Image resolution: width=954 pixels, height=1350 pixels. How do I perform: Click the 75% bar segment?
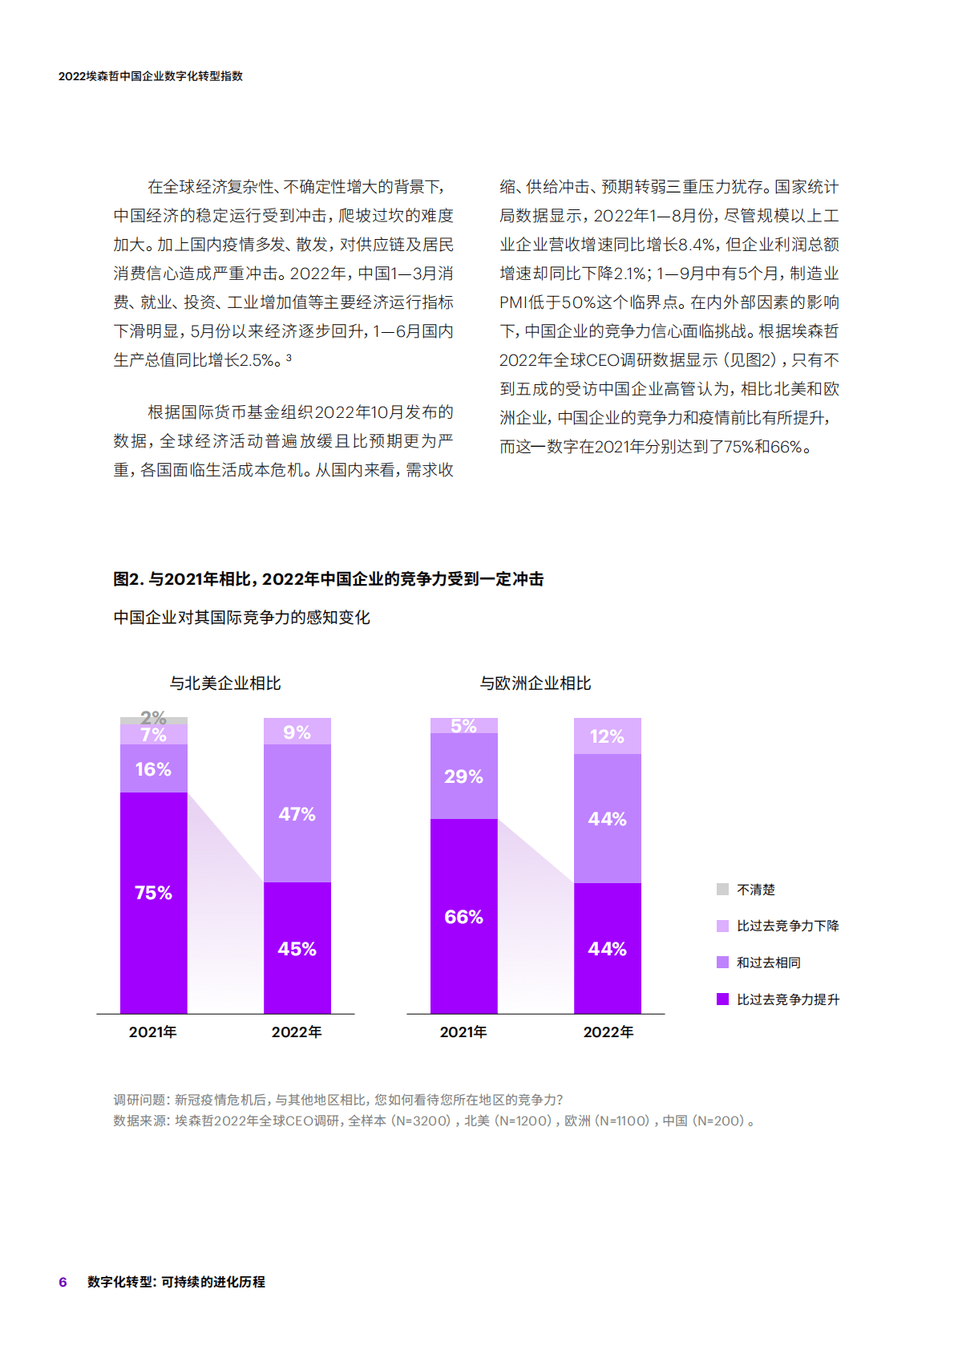tap(153, 902)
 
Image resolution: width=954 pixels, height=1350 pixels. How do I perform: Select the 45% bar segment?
tap(297, 947)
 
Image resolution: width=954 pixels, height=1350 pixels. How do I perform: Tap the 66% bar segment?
tap(463, 915)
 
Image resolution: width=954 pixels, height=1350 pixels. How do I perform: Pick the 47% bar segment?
tap(297, 813)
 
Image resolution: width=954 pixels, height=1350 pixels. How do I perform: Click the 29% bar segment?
tap(463, 776)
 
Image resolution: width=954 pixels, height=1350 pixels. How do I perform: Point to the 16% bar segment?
tap(153, 768)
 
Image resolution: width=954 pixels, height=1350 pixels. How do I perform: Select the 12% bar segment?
tap(607, 736)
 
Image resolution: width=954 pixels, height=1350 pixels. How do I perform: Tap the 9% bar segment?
tap(297, 732)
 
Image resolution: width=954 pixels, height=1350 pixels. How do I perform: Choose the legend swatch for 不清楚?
tap(722, 889)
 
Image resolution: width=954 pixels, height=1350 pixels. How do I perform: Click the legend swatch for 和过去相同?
tap(722, 962)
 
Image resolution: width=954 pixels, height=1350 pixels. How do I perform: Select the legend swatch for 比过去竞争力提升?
tap(722, 999)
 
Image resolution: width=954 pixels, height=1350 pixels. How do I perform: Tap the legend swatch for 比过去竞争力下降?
tap(722, 926)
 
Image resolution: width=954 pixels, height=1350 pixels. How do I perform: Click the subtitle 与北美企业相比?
tap(225, 683)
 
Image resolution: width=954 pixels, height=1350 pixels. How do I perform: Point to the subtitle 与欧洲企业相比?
tap(536, 683)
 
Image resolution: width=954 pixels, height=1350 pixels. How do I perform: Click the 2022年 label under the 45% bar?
tap(297, 1032)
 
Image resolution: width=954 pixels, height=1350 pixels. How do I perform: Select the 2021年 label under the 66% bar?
tap(463, 1032)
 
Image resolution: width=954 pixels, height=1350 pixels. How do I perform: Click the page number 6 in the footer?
tap(63, 1282)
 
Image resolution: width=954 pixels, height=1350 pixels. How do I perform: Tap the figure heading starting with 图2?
tap(328, 579)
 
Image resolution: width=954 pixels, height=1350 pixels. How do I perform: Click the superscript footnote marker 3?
tap(289, 358)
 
